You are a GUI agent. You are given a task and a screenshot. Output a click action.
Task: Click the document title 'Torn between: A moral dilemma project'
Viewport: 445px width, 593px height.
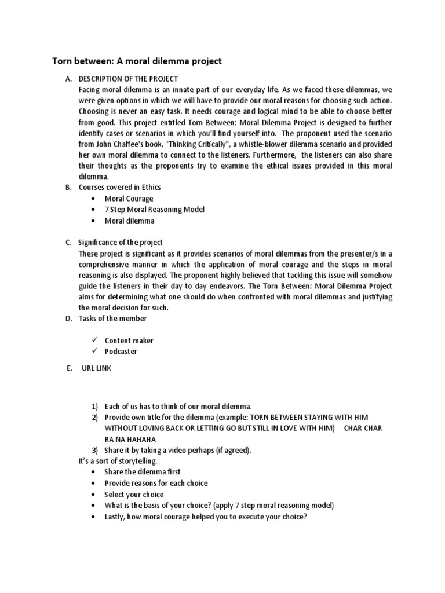click(x=137, y=61)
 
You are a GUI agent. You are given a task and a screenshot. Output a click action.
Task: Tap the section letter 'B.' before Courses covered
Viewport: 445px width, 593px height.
click(x=68, y=187)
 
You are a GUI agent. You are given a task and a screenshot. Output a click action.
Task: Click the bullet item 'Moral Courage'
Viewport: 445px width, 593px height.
click(x=129, y=199)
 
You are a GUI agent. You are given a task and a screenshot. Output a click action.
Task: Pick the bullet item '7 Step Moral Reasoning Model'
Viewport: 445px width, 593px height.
click(x=154, y=210)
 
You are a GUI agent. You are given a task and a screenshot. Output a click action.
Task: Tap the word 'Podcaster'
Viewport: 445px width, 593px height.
click(x=121, y=352)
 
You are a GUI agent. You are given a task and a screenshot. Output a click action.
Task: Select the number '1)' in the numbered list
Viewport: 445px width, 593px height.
click(x=94, y=407)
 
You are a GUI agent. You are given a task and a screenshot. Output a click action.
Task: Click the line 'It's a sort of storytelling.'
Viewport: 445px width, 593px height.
click(x=118, y=461)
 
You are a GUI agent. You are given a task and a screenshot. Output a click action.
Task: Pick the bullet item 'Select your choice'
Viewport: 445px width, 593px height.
click(x=134, y=495)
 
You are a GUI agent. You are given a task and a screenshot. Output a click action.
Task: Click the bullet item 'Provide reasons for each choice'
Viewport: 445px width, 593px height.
click(x=156, y=483)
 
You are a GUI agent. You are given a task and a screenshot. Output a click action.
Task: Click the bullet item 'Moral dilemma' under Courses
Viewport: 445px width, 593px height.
click(x=129, y=221)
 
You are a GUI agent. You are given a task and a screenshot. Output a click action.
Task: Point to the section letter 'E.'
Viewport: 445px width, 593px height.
click(x=69, y=368)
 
